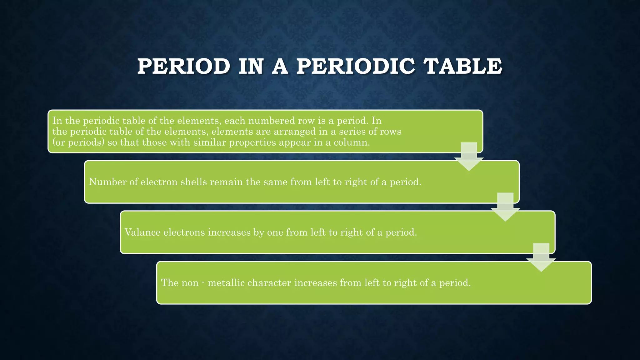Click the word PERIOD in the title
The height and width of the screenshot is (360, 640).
pos(184,67)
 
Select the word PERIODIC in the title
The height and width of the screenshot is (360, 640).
pos(356,67)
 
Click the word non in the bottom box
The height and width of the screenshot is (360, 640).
pos(188,283)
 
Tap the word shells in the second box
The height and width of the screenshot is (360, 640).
pos(194,182)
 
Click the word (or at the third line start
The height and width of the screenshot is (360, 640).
pos(58,142)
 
